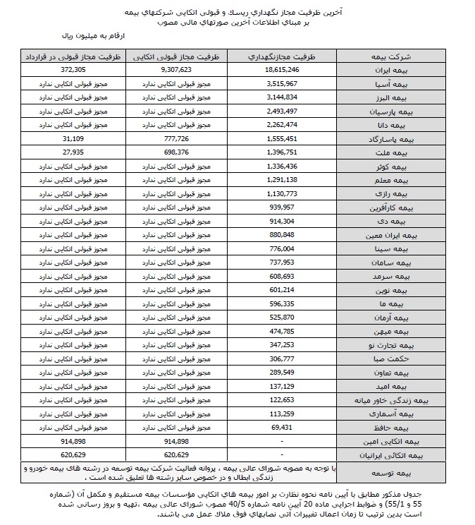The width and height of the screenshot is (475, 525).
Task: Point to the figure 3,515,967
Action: coord(283,84)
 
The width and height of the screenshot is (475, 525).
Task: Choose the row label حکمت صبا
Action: coord(393,359)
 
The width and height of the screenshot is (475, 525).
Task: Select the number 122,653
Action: coord(283,400)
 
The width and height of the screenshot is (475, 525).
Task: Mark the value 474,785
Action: coord(283,332)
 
